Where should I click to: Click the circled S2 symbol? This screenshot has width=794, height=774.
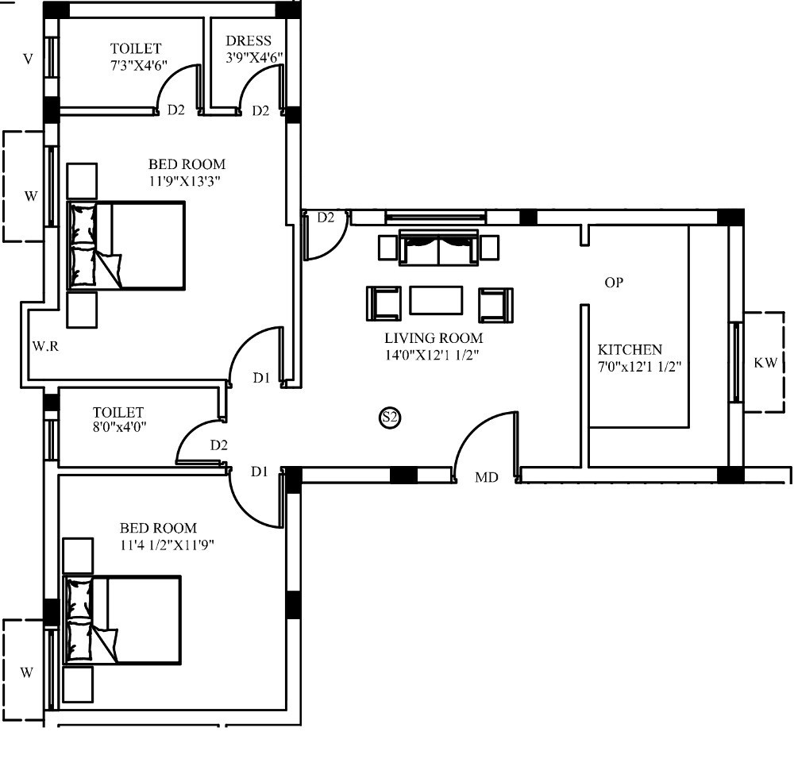point(390,418)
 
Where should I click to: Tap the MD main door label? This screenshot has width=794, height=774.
point(487,477)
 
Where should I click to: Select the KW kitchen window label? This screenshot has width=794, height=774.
point(765,363)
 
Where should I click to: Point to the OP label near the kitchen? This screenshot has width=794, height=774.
point(614,283)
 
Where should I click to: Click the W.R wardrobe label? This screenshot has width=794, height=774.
point(45,346)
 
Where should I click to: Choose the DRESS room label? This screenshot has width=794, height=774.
point(249,40)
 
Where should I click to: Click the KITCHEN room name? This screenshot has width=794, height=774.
point(630,350)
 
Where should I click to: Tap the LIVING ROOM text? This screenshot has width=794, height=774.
point(434,337)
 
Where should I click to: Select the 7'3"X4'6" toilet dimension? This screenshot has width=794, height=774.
point(139,65)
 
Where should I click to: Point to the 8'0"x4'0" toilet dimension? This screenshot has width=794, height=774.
point(120,427)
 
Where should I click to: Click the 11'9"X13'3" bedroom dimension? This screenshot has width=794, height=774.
point(185,181)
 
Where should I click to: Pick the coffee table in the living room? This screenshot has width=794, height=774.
point(436,300)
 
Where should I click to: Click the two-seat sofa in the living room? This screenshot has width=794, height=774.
point(438,247)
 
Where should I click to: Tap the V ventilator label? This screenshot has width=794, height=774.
point(29,60)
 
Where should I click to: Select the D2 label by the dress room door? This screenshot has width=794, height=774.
point(260,110)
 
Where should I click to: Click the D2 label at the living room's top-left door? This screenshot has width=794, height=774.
point(326,218)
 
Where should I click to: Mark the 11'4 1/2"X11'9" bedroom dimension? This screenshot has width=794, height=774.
point(167,545)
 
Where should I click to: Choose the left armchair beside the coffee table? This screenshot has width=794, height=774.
point(384,304)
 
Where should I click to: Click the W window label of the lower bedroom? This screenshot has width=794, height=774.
point(26,672)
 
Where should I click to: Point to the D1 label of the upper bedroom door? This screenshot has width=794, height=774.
point(261,378)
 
